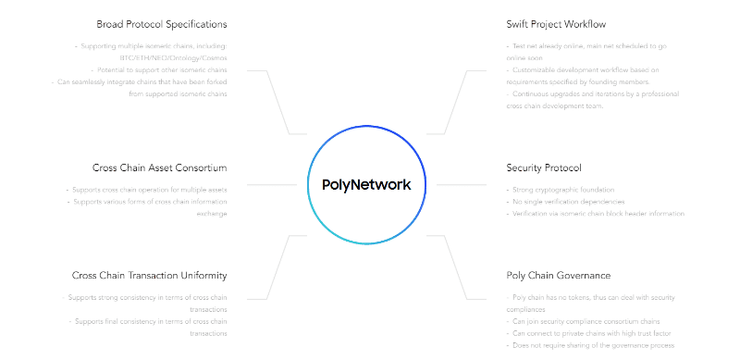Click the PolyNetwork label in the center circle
(366, 184)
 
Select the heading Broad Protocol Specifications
(162, 24)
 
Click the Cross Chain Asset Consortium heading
(159, 168)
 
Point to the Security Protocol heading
(544, 168)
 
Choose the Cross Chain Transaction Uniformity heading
(149, 275)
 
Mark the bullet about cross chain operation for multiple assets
(147, 189)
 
